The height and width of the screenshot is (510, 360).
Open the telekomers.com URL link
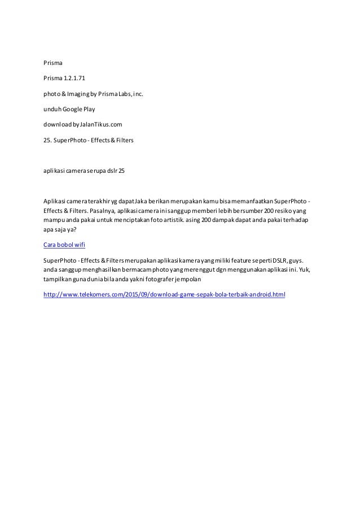tap(164, 294)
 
